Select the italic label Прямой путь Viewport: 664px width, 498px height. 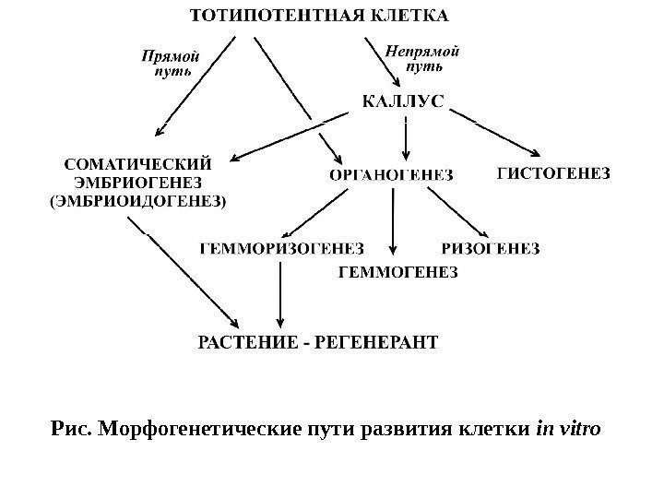(169, 64)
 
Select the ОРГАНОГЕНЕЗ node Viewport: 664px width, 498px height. (391, 174)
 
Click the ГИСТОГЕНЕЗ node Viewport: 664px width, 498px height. (554, 172)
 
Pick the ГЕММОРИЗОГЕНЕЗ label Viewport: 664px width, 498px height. (282, 247)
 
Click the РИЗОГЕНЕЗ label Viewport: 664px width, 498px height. (491, 247)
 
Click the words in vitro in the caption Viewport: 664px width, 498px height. (569, 429)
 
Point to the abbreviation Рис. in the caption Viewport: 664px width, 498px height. (70, 429)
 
